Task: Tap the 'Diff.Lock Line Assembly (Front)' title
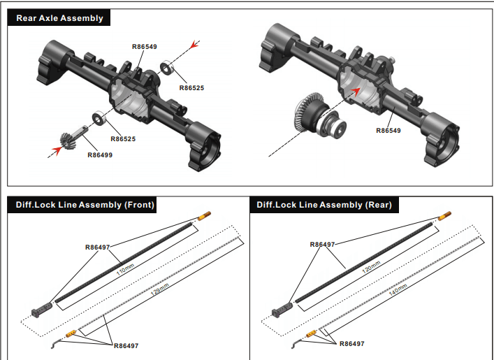point(80,205)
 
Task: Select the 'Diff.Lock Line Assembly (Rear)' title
point(324,205)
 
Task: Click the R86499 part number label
point(99,155)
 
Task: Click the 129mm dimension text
point(160,288)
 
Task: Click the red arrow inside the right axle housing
point(356,90)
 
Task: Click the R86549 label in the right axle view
point(388,131)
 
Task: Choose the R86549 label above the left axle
point(145,47)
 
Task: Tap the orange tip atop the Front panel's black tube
point(206,215)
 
